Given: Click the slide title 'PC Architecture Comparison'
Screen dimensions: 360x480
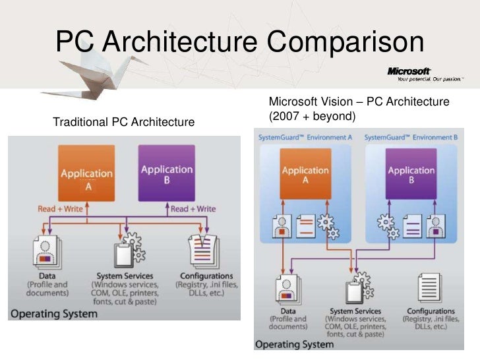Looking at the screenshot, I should tap(239, 44).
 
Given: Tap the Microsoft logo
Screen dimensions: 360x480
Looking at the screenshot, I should tap(409, 71).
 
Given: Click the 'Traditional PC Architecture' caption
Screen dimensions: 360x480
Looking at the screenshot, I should tap(123, 122).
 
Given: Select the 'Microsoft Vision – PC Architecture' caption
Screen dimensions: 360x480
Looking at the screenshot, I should tap(359, 102).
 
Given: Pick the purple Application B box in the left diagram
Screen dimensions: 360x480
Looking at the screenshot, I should tap(166, 173).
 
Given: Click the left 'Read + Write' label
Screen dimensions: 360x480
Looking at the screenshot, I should tap(61, 208).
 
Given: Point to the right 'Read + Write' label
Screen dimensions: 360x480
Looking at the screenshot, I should tap(193, 208).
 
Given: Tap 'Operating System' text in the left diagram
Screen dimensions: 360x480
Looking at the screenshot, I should tap(55, 313).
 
